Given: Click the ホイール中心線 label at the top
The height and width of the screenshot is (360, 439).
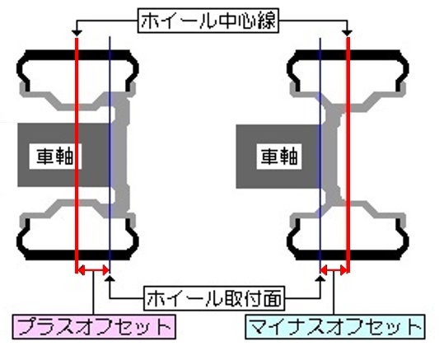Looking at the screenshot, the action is pyautogui.click(x=208, y=21).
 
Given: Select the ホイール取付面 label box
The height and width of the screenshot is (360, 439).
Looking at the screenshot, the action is pyautogui.click(x=214, y=298).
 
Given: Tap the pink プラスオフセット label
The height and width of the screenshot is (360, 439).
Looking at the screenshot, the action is pyautogui.click(x=94, y=327).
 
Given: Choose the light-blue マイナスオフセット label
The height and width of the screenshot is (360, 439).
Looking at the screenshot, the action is pyautogui.click(x=335, y=327).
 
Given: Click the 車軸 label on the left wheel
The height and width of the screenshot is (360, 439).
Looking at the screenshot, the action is pyautogui.click(x=55, y=157).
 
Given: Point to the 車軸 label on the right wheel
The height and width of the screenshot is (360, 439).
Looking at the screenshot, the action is pyautogui.click(x=279, y=157).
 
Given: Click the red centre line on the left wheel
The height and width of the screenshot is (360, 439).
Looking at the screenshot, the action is pyautogui.click(x=77, y=155).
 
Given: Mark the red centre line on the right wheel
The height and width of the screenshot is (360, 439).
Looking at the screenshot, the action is pyautogui.click(x=348, y=155).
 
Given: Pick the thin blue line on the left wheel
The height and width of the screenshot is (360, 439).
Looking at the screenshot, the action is pyautogui.click(x=110, y=155).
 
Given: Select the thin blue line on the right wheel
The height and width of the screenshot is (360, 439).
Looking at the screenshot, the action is pyautogui.click(x=320, y=155).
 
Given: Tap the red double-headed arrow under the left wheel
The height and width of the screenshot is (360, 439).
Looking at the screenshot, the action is pyautogui.click(x=93, y=270).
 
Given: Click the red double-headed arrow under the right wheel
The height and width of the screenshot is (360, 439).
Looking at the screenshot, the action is pyautogui.click(x=334, y=270).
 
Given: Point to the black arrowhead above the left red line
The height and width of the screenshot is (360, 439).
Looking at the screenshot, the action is pyautogui.click(x=77, y=33).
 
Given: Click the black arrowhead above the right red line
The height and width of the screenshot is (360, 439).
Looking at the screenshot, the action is pyautogui.click(x=348, y=33).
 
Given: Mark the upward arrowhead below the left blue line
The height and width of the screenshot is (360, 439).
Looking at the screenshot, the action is pyautogui.click(x=110, y=278).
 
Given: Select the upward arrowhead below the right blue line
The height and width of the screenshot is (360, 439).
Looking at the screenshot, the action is pyautogui.click(x=320, y=278).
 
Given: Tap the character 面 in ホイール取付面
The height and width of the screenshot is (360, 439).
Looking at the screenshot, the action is pyautogui.click(x=272, y=298).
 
